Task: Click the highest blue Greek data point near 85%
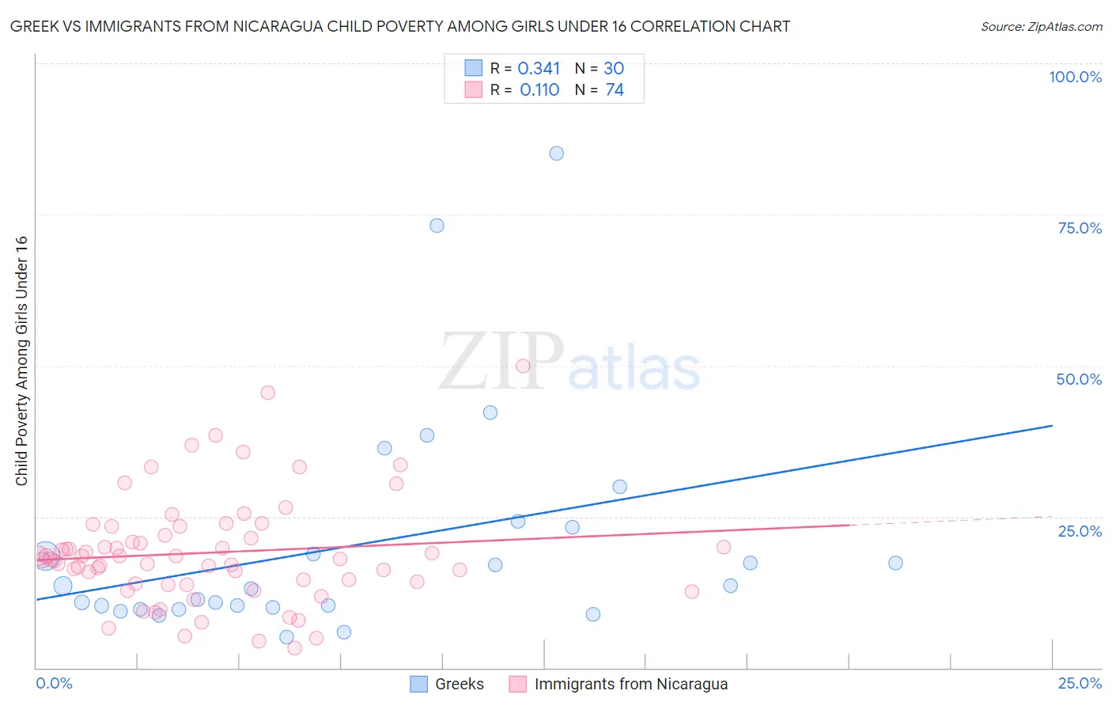557,154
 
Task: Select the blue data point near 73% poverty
437,226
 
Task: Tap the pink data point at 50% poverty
523,366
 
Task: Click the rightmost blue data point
895,563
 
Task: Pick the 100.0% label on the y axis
1075,77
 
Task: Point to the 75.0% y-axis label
1080,228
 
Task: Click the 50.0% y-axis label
1079,379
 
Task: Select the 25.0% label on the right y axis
1080,531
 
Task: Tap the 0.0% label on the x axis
54,683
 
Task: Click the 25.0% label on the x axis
1080,683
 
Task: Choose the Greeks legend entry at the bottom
459,684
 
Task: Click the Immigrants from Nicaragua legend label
630,684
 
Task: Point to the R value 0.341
539,69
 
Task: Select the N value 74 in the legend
615,90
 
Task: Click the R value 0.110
539,90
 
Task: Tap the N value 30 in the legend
614,69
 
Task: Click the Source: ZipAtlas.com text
1041,27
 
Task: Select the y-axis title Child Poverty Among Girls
21,361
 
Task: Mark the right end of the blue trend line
1052,426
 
